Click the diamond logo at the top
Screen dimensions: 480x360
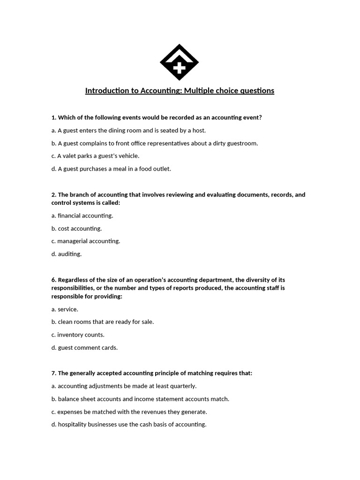[x=180, y=62]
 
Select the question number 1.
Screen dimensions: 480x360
[x=53, y=118]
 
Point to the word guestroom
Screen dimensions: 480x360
[x=242, y=143]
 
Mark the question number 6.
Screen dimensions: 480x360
[x=53, y=280]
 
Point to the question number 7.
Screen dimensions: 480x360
[x=53, y=373]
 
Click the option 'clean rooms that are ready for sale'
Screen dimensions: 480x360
[x=103, y=322]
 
